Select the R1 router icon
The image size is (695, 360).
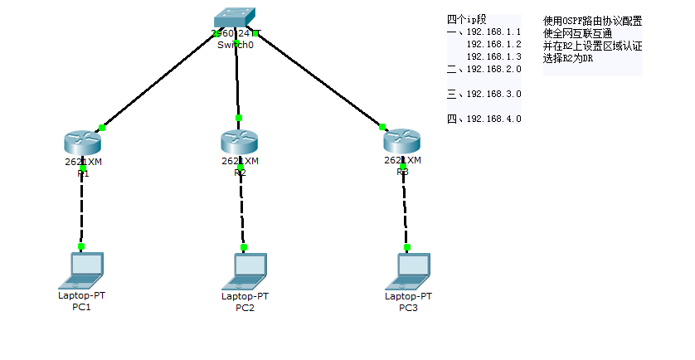81,142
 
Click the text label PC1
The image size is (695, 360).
81,308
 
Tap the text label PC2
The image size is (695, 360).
245,308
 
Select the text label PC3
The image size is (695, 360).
408,308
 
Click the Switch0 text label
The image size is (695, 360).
235,45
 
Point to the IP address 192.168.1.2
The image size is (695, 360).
493,44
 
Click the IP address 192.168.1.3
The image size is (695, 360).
493,56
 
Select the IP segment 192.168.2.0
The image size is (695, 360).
493,69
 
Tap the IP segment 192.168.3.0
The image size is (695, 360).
493,94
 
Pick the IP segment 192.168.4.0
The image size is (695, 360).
493,119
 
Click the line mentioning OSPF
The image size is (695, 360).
592,21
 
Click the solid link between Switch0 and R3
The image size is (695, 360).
319,80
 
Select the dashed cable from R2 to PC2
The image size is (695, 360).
241,207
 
